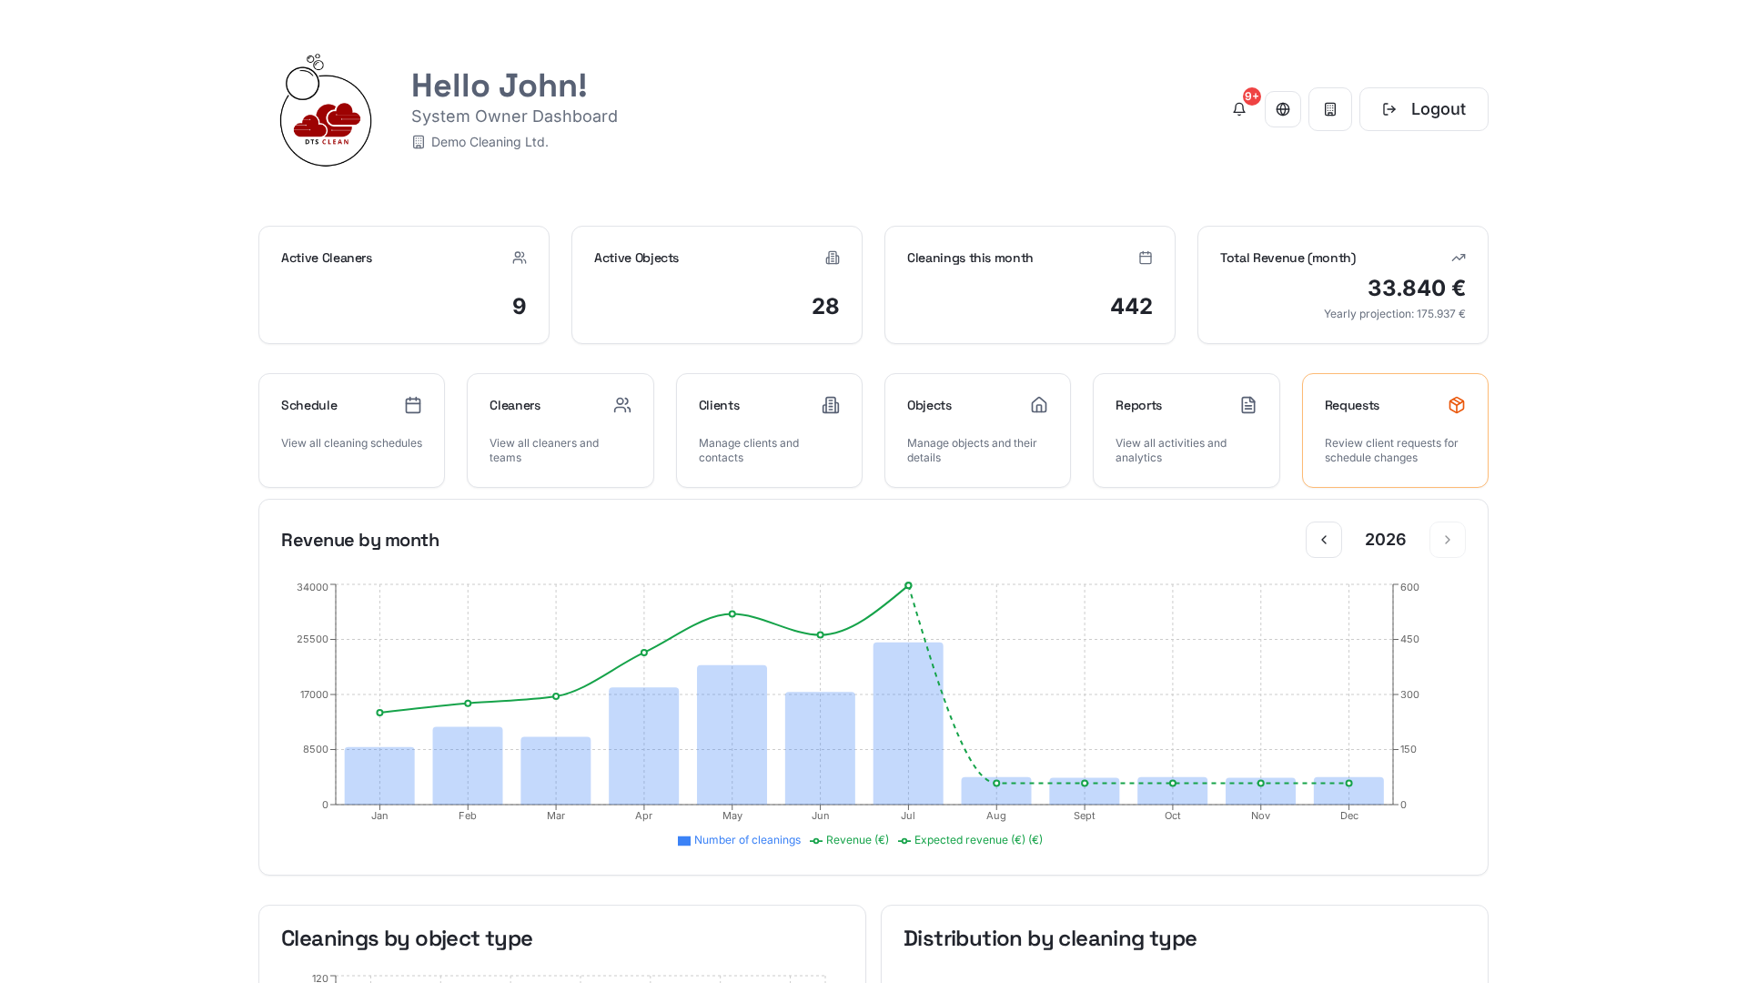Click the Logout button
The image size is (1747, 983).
tap(1423, 109)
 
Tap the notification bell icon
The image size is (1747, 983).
tap(1238, 109)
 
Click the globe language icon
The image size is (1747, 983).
tap(1283, 109)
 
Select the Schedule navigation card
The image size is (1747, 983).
tap(351, 431)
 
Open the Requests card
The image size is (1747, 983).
tap(1395, 431)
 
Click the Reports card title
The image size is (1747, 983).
tap(1138, 405)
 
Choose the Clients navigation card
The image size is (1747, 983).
tap(769, 431)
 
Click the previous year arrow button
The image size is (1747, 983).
tap(1324, 540)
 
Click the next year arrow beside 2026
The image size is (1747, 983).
tap(1448, 540)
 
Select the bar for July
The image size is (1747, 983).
tap(908, 724)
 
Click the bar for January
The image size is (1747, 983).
tap(379, 775)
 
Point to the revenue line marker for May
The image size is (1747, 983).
tap(732, 614)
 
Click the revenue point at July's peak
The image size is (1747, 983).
tap(908, 585)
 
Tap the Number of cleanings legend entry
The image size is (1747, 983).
tap(739, 840)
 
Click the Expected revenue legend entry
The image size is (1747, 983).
tap(970, 840)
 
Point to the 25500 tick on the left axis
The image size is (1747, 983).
tap(312, 639)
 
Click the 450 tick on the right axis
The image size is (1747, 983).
tap(1409, 639)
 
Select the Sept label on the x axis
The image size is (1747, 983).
tap(1085, 816)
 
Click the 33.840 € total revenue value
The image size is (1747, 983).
tap(1417, 289)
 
